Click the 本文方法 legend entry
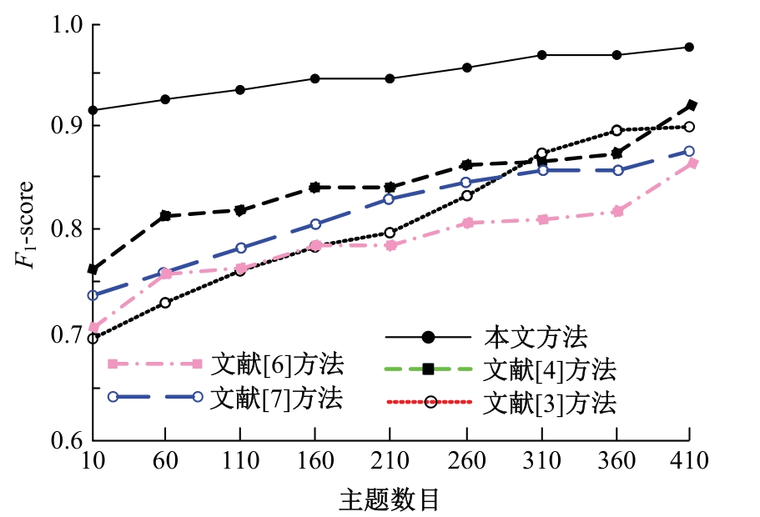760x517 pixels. [537, 338]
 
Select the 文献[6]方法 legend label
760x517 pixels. [276, 364]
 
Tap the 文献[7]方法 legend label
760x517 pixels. [276, 397]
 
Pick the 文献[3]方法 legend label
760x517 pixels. [550, 404]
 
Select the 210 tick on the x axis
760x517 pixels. [390, 460]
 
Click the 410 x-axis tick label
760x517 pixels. [689, 460]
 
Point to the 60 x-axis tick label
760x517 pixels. [165, 460]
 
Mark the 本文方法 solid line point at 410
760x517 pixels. [689, 47]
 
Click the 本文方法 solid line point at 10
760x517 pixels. [93, 110]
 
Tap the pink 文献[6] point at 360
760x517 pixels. [617, 211]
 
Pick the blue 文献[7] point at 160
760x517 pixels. [315, 223]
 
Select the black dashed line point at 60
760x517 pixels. [165, 215]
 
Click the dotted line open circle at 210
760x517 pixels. [390, 233]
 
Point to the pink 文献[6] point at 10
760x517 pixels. [93, 327]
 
